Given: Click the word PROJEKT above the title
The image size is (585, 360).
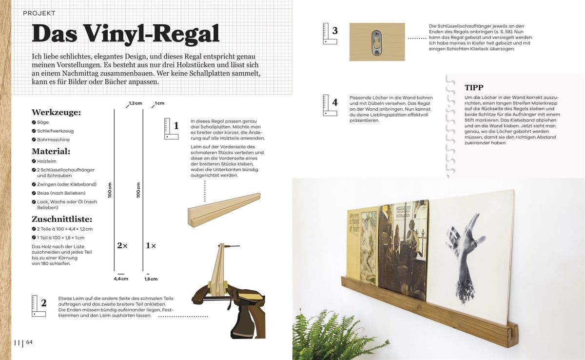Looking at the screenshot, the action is point(39,13).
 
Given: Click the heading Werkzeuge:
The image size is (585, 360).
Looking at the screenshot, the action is point(56,113).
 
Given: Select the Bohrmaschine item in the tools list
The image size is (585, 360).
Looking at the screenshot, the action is point(53,140).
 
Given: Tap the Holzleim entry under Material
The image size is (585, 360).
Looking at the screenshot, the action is point(46,161).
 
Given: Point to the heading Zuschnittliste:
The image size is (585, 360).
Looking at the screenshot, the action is point(62,219).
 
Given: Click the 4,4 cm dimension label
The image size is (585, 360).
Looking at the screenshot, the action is point(121,279).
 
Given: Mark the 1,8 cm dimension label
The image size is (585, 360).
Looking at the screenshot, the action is point(151,279).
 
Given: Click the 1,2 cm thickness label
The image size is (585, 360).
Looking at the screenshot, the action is point(136,103).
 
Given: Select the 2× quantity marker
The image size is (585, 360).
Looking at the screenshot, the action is point(122,245).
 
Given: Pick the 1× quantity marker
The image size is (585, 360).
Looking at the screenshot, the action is point(151,245).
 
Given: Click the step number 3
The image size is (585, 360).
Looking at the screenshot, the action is point(335,31).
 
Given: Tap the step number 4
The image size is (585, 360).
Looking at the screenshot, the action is point(335,102).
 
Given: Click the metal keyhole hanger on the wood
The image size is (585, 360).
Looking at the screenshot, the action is point(377,43).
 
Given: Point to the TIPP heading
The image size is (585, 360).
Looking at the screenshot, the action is point(474,87).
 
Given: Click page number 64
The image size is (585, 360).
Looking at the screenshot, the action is point(29,342).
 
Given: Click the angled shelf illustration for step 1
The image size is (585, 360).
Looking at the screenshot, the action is point(224,210).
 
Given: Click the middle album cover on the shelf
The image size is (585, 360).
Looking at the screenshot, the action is point(404,251).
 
